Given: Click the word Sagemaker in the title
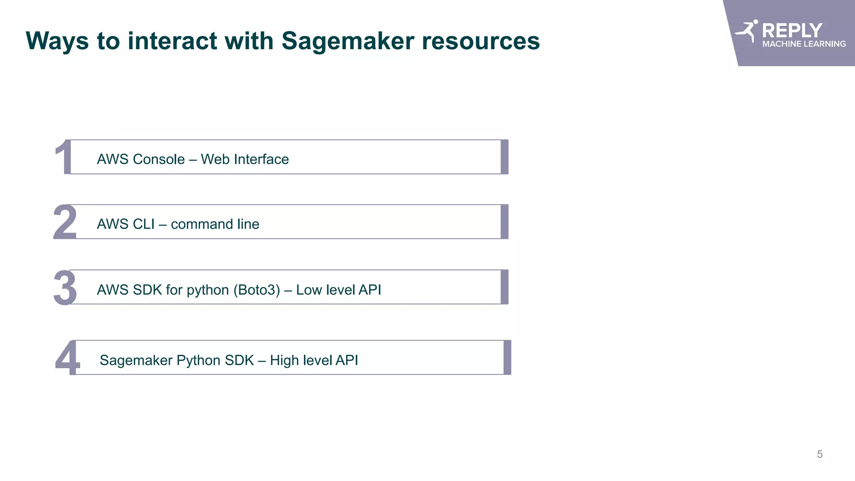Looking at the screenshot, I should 348,41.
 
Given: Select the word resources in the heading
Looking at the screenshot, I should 481,41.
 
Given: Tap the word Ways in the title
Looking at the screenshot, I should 57,41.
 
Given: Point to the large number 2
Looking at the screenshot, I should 65,222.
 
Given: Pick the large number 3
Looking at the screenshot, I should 65,288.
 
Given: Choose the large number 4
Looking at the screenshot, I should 67,358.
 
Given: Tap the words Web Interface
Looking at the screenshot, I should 245,159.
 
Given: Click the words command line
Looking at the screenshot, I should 215,224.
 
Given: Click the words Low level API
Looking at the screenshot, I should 339,290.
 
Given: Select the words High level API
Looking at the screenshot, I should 314,360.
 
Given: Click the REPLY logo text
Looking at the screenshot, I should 792,30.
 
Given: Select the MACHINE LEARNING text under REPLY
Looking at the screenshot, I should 804,44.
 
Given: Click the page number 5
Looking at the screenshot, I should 820,454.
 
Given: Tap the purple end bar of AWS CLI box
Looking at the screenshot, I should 504,222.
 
